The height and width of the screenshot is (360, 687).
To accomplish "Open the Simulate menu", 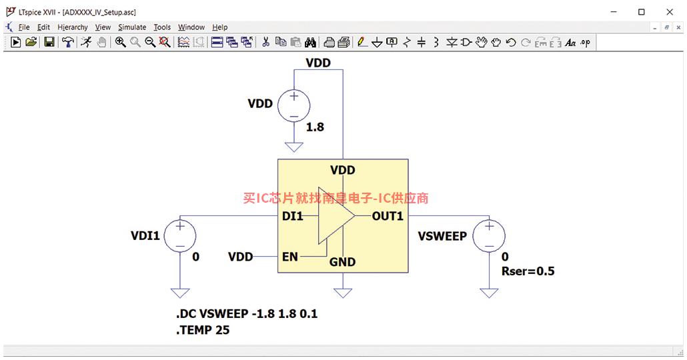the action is click(132, 27).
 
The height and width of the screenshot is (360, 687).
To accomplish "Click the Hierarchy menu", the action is click(73, 27).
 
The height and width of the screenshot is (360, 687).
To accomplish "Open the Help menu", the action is click(220, 27).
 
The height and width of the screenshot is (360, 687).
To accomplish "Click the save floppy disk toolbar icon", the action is click(49, 42).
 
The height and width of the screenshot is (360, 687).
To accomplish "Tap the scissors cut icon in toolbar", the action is click(265, 42).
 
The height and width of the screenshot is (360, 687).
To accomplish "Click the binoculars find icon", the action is click(311, 42).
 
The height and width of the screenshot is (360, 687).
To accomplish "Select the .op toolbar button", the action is click(586, 43).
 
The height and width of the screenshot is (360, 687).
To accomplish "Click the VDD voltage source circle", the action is click(293, 106).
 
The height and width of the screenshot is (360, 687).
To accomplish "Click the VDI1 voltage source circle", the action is click(180, 235).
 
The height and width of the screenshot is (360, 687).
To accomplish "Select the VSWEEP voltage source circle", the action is click(489, 235).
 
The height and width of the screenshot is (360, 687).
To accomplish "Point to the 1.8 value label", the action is click(315, 127).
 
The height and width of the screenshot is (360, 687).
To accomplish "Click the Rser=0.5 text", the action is click(528, 271).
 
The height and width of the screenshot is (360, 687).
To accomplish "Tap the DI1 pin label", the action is click(293, 216).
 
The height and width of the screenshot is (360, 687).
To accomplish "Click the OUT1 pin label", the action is click(388, 216).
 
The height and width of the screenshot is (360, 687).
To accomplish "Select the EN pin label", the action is click(290, 257).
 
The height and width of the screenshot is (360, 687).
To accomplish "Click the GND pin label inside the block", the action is click(342, 262).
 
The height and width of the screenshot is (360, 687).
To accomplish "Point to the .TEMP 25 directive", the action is click(203, 330).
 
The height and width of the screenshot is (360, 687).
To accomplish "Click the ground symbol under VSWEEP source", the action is click(489, 293).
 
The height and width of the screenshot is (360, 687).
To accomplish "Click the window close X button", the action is click(670, 12).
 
